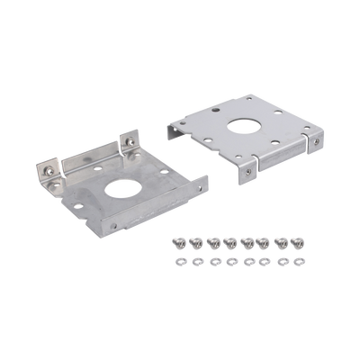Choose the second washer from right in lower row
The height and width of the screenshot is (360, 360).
coord(281,261)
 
